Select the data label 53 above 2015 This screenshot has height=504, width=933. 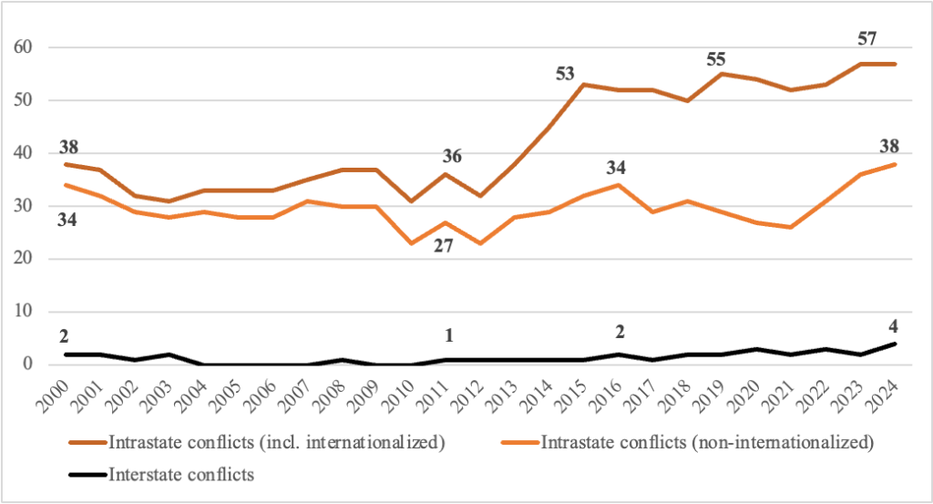[x=566, y=74]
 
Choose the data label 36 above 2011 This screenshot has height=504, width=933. [x=453, y=156]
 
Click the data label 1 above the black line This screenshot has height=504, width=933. [x=448, y=335]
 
